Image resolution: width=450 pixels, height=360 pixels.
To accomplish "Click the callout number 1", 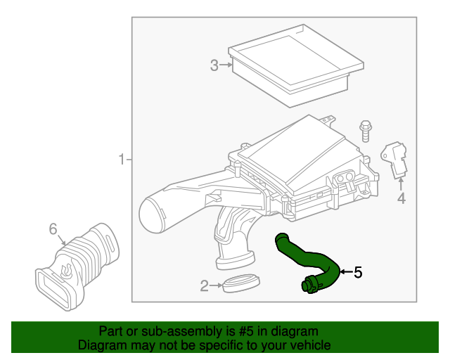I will [x=120, y=160].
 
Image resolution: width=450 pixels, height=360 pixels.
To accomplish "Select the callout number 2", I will [x=204, y=286].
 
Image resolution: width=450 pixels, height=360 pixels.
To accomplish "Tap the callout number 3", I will [x=214, y=66].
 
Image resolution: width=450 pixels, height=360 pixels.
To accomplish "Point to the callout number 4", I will [x=401, y=199].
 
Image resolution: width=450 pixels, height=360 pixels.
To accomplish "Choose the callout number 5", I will [x=358, y=272].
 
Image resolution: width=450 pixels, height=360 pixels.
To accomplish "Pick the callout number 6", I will [x=53, y=229].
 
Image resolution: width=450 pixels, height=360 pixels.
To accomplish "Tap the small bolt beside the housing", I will [x=366, y=131].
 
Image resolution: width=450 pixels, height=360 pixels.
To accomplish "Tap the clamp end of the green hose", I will [x=309, y=285].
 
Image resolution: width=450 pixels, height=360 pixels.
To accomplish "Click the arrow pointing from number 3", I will [x=226, y=66].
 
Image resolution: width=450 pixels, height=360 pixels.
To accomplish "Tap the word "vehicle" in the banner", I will [x=307, y=345].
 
